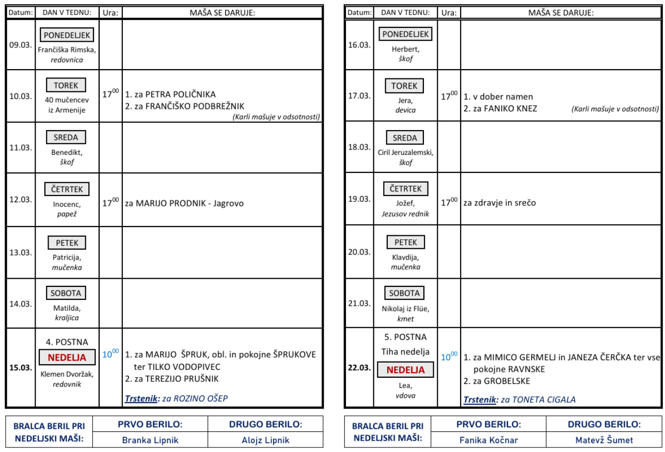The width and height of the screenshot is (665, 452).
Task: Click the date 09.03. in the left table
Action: click(21, 44)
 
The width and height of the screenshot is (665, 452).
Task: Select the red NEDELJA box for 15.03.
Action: click(67, 357)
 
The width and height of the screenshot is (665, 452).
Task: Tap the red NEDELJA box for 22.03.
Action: click(405, 369)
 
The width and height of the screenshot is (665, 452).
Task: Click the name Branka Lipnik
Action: click(150, 440)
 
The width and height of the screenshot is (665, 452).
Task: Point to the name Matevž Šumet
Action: click(604, 440)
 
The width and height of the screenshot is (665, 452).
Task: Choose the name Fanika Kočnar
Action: click(488, 440)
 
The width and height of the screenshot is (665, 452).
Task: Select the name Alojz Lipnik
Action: click(265, 440)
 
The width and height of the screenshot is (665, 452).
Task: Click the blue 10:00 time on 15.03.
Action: click(110, 353)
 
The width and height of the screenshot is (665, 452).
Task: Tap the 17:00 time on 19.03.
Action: click(449, 202)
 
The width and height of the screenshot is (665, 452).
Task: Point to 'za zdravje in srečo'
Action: click(499, 203)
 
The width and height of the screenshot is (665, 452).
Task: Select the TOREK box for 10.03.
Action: click(66, 85)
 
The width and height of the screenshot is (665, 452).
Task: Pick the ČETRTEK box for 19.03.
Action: click(405, 189)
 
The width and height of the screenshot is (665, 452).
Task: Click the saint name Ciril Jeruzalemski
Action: click(405, 152)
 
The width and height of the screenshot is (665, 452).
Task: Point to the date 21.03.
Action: click(359, 303)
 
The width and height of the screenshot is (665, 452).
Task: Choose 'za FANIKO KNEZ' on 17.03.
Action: click(500, 108)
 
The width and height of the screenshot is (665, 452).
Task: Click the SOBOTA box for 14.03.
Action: click(66, 293)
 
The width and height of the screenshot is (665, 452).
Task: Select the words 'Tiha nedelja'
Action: click(405, 352)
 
